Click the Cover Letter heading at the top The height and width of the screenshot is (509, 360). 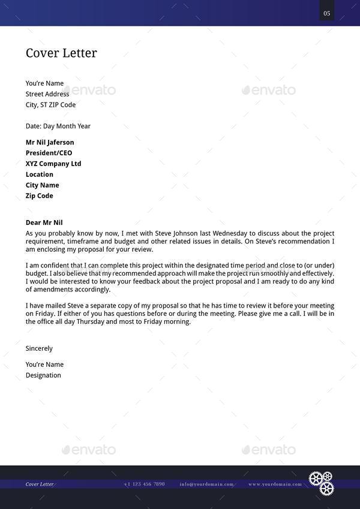(x=61, y=53)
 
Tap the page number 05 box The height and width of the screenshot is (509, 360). (x=326, y=13)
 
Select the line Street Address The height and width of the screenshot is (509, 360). (x=47, y=94)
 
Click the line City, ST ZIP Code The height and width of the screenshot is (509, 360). (x=50, y=105)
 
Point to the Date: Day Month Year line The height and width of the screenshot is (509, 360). (x=58, y=127)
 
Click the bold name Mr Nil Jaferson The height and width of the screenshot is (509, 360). (x=50, y=143)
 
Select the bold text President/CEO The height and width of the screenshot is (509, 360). (x=49, y=153)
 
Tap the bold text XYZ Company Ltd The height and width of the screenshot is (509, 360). (x=53, y=164)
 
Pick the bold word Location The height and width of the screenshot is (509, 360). (x=40, y=174)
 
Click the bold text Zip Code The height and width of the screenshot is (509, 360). (x=40, y=196)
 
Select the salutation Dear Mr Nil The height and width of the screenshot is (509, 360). (x=44, y=222)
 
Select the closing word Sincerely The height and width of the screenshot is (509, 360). (x=39, y=348)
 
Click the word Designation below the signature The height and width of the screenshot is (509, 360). (x=43, y=375)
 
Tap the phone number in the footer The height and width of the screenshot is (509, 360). (x=144, y=484)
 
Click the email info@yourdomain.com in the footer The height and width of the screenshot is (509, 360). (x=206, y=484)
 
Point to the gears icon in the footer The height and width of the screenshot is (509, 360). (x=321, y=483)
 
